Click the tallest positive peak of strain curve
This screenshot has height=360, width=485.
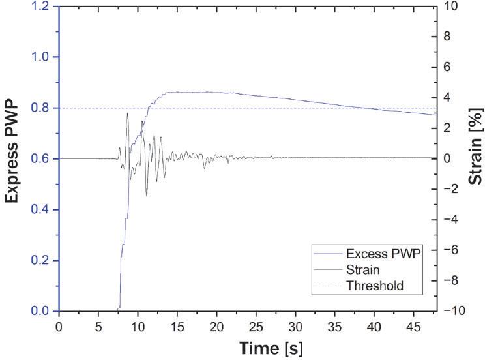pyautogui.click(x=128, y=113)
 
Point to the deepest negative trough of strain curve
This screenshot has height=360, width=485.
pyautogui.click(x=147, y=196)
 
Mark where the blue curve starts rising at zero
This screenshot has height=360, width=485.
pyautogui.click(x=119, y=307)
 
